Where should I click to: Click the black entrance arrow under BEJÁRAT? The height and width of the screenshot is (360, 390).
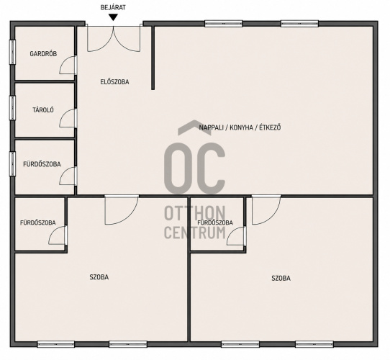[x=114, y=17]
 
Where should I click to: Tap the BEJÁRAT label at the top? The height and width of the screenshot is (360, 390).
[x=113, y=7]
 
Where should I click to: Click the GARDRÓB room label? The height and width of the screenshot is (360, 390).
[x=43, y=54]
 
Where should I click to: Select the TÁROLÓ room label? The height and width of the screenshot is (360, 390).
[x=43, y=109]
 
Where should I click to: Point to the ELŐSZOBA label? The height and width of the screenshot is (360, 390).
[x=114, y=82]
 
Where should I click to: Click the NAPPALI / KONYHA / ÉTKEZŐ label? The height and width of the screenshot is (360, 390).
[x=240, y=127]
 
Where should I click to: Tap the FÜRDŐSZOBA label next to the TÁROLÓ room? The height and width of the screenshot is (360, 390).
[x=42, y=164]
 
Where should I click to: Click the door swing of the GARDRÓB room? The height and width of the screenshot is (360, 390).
[x=68, y=65]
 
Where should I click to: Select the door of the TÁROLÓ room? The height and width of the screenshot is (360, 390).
[x=68, y=118]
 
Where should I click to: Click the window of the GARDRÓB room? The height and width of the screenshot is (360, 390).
[x=12, y=52]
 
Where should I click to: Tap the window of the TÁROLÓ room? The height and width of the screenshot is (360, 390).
[x=12, y=107]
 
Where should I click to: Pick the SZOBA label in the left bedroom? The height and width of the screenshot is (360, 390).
[x=99, y=277]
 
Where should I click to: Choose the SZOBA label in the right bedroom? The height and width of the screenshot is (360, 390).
[x=281, y=278]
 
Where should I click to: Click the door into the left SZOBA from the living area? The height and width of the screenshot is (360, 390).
[x=122, y=210]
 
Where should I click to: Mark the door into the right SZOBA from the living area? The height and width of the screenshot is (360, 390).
[x=266, y=210]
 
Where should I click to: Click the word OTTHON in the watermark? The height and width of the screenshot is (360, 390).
[x=195, y=213]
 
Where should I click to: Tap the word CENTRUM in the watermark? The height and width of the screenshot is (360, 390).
[x=195, y=232]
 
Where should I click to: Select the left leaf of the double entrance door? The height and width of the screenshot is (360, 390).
[x=100, y=38]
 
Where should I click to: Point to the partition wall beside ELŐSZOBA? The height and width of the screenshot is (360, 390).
[x=153, y=58]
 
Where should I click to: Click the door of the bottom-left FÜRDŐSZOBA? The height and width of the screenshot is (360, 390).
[x=58, y=235]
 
